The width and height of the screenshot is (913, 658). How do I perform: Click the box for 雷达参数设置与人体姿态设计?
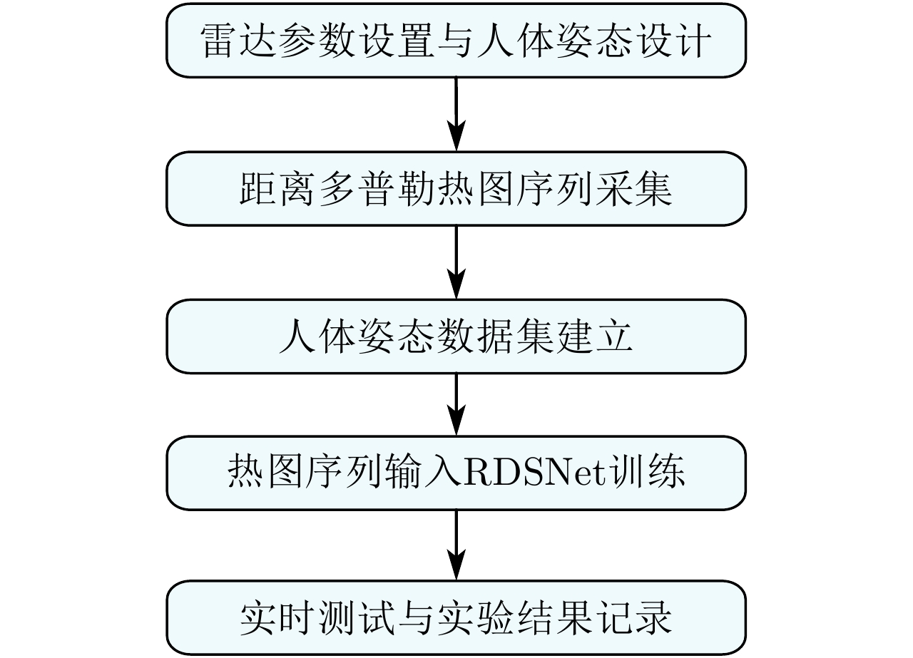456,40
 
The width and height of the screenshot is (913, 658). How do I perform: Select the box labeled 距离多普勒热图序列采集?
456,188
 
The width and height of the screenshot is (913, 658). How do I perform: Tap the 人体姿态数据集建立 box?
456,336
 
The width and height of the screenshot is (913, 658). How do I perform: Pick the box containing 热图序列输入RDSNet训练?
456,473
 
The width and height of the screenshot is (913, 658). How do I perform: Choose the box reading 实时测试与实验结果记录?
456,617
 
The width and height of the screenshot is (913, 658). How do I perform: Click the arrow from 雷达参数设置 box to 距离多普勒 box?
456,114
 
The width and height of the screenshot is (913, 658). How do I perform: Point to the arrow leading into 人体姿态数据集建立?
456,262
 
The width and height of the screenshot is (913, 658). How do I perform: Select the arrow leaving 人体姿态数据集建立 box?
456,404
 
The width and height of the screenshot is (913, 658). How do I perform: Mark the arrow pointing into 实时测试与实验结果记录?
456,545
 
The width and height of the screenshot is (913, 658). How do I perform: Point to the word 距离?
275,189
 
